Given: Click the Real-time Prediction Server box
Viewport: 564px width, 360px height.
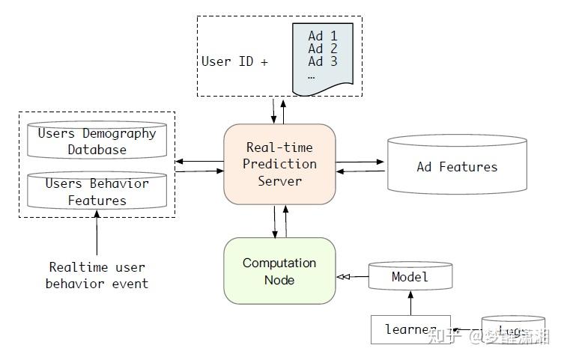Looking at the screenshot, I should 279,164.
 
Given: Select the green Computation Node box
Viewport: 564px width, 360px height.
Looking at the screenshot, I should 279,271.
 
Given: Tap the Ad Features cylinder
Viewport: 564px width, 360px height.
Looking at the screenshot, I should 456,166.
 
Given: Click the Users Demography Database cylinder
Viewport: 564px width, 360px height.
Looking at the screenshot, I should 97,141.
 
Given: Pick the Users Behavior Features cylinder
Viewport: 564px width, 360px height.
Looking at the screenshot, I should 97,192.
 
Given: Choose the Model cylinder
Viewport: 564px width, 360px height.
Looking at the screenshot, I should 410,277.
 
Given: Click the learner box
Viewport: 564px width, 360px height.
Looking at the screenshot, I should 410,329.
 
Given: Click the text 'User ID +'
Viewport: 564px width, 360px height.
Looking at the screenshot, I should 234,61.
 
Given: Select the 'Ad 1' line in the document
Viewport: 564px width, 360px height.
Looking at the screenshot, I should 323,35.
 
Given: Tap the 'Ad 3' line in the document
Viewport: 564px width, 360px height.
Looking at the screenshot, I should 323,62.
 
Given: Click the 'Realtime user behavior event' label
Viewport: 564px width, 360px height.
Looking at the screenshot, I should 97,275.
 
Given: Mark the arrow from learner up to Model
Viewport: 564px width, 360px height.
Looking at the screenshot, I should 410,303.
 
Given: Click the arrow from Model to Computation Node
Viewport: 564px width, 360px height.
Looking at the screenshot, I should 352,277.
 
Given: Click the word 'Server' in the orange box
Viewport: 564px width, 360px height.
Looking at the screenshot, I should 279,181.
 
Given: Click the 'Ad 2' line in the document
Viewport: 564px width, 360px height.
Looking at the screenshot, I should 323,49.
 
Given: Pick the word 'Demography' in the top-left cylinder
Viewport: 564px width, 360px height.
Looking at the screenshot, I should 118,133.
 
